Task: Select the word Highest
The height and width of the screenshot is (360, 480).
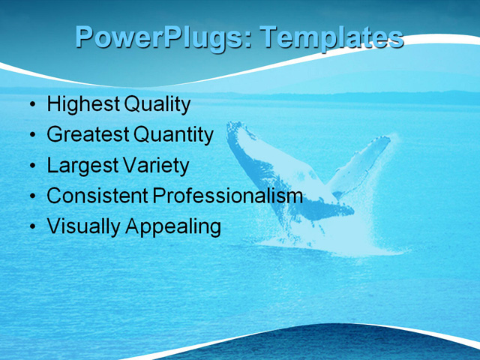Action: [82, 104]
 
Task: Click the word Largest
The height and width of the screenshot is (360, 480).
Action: [81, 166]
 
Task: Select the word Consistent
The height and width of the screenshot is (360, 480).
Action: [97, 196]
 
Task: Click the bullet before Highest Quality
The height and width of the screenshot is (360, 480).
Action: [31, 105]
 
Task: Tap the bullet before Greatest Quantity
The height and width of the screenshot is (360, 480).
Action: [31, 136]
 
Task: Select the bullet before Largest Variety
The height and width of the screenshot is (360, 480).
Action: [31, 166]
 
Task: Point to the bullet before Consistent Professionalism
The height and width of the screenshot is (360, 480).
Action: [31, 196]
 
